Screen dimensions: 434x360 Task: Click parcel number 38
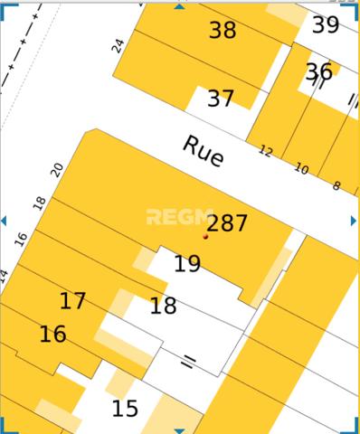click(x=222, y=30)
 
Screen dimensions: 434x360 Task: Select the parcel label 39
click(x=326, y=25)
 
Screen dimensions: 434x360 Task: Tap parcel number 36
click(x=318, y=71)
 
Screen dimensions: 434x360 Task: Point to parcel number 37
click(x=220, y=99)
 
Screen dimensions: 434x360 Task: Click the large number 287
click(x=227, y=223)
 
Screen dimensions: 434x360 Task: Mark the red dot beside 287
click(x=206, y=237)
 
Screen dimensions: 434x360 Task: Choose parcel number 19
click(x=187, y=264)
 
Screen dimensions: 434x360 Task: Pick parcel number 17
click(x=72, y=301)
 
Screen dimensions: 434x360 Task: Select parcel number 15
click(x=125, y=409)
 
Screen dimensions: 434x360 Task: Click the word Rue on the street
click(x=203, y=151)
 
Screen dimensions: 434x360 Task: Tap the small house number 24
click(x=118, y=44)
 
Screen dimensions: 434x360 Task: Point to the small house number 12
click(x=265, y=151)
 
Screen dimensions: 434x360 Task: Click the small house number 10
click(x=301, y=169)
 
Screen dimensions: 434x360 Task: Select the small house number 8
click(x=336, y=186)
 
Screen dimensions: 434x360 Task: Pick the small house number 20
click(x=57, y=169)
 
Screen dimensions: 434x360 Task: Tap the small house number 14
click(x=5, y=274)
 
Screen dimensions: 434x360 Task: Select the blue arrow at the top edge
click(x=179, y=5)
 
